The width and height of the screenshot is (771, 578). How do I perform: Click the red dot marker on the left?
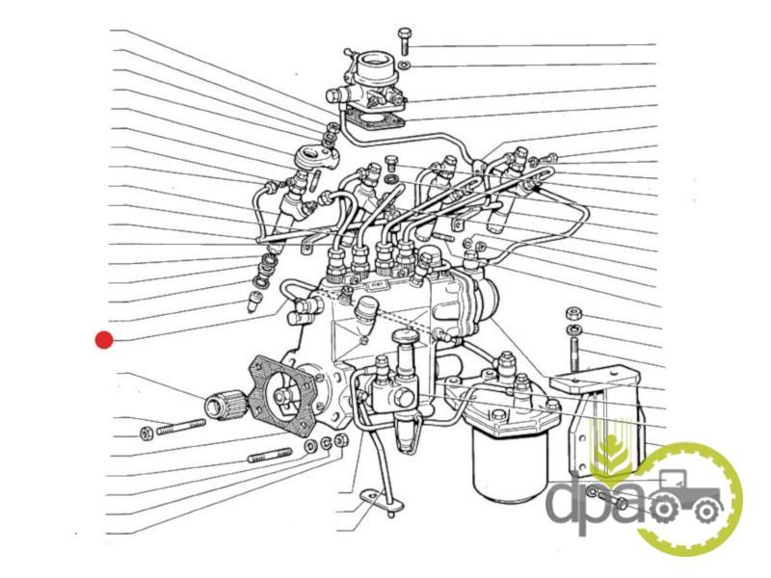pyautogui.click(x=104, y=339)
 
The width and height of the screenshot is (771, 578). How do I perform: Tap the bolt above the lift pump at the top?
pyautogui.click(x=404, y=40)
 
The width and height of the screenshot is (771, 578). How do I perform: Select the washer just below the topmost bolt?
pyautogui.click(x=405, y=64)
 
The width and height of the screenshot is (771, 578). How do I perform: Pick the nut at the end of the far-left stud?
pyautogui.click(x=146, y=431)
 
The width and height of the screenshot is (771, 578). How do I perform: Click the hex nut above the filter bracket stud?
pyautogui.click(x=572, y=314)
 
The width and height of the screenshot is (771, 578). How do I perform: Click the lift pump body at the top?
pyautogui.click(x=371, y=82)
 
